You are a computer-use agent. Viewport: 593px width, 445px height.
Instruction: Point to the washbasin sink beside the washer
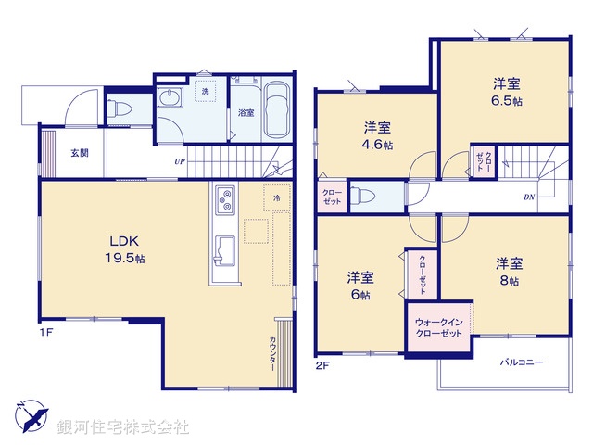171,99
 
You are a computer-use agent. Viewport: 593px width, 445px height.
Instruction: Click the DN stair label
528,197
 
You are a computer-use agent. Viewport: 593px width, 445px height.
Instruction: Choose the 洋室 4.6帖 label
377,135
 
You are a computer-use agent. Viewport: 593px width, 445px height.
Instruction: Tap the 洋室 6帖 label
360,286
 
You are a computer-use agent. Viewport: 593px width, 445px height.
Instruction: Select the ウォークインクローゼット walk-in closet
438,326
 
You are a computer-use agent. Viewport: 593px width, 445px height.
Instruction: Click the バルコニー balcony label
523,362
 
